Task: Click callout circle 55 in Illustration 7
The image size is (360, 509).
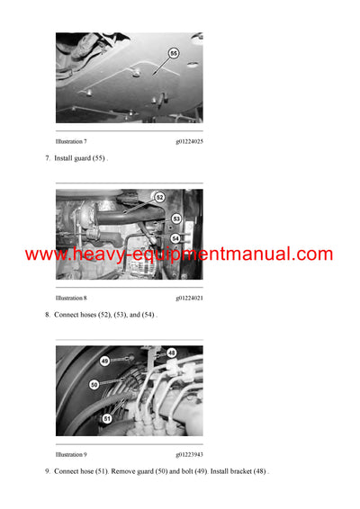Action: tap(174, 54)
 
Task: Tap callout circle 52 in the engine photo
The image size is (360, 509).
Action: tap(159, 197)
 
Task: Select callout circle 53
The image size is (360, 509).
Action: tap(176, 219)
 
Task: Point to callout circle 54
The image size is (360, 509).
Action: tap(176, 237)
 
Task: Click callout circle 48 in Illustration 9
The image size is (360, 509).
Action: tap(172, 353)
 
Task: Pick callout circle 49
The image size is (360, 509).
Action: tap(104, 362)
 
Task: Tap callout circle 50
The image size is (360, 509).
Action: tap(94, 384)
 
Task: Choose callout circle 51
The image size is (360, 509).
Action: tap(108, 417)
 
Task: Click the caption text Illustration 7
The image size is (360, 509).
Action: tap(71, 141)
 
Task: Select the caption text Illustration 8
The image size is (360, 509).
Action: tap(71, 298)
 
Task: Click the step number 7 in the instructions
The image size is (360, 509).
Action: tap(47, 158)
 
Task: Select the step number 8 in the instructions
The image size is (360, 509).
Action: tap(47, 315)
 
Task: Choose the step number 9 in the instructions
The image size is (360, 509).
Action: tap(47, 471)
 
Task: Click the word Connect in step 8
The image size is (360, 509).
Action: tap(67, 315)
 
